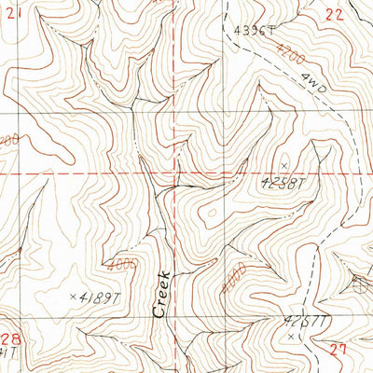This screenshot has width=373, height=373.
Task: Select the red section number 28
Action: point(12,339)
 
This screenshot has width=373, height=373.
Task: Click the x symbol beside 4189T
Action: point(73,297)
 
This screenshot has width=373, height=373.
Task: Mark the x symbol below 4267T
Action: point(292,335)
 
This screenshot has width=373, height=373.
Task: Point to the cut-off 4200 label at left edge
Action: point(7,141)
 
